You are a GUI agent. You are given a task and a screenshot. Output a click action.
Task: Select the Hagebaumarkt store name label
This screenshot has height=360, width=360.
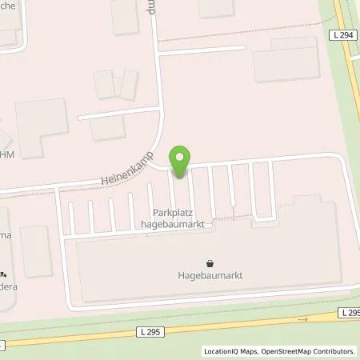(x=210, y=275)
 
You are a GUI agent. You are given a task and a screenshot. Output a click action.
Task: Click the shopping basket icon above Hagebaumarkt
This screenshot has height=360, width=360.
(x=210, y=262)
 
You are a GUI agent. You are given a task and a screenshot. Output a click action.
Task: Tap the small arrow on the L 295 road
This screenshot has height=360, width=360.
(x=302, y=319)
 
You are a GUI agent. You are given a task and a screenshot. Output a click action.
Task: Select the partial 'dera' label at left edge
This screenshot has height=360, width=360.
(x=9, y=283)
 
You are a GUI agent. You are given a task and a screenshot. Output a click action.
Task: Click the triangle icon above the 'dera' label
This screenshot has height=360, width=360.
(x=4, y=271)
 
